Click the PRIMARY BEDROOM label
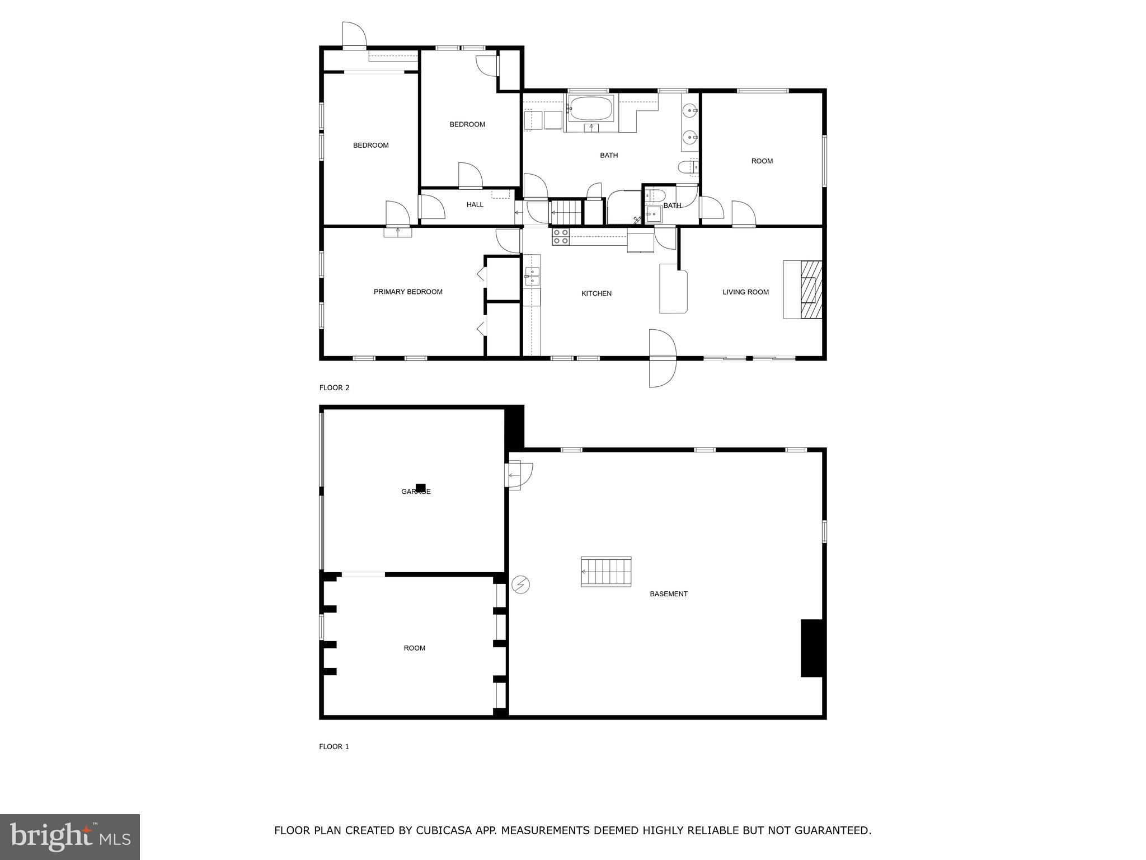408,292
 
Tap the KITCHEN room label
596,293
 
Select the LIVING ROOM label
745,292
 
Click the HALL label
475,205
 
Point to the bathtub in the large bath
590,109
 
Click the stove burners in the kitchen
561,237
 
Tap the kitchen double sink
532,277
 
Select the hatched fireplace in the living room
811,289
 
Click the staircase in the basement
606,572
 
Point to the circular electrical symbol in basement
520,585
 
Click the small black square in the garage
420,488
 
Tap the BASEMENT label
668,594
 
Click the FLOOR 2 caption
334,387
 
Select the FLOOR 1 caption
334,746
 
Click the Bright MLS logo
70,836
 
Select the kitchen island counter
673,289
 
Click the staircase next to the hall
567,212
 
